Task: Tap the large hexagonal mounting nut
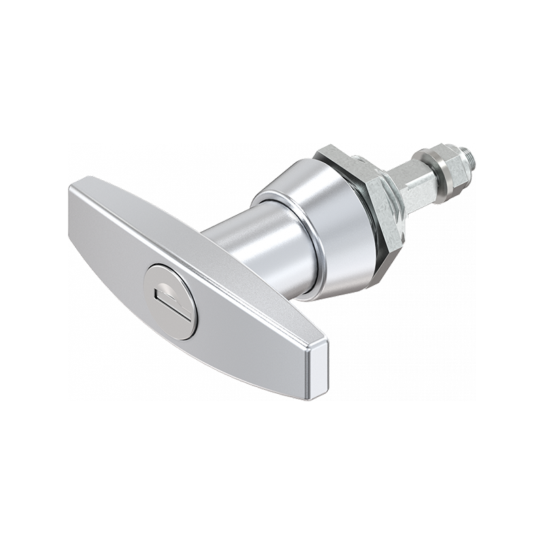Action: tap(367, 204)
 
